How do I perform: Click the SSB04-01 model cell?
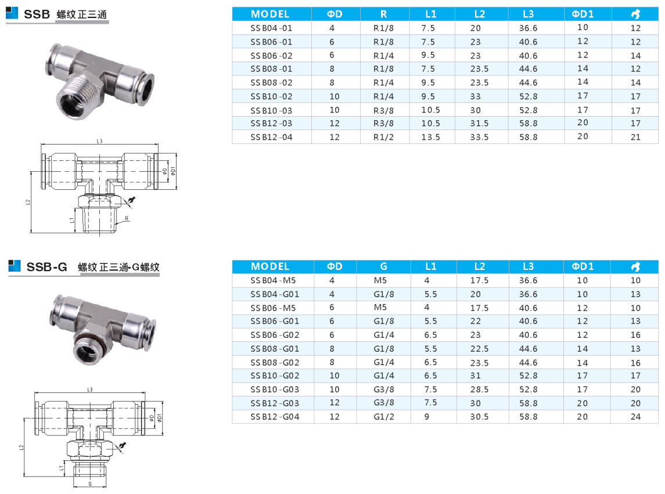point(271,28)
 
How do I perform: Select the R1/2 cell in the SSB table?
point(383,137)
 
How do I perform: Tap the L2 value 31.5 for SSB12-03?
point(479,124)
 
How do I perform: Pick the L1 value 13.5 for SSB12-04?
point(430,137)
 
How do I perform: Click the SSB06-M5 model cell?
point(273,308)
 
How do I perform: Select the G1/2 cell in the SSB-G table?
point(383,417)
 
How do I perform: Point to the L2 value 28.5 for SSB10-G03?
point(479,390)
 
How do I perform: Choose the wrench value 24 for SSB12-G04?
point(635,417)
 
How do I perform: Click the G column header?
point(383,266)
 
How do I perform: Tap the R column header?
point(383,14)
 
